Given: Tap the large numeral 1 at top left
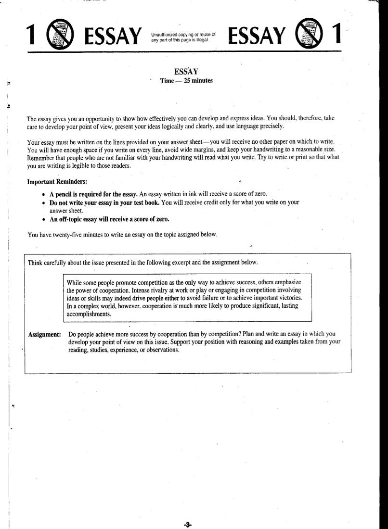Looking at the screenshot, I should tap(32, 36).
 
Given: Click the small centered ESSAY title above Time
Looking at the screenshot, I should tap(187, 72).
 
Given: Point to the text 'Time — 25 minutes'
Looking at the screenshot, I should tap(187, 80).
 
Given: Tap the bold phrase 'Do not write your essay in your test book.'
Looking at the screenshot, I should tap(104, 202).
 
